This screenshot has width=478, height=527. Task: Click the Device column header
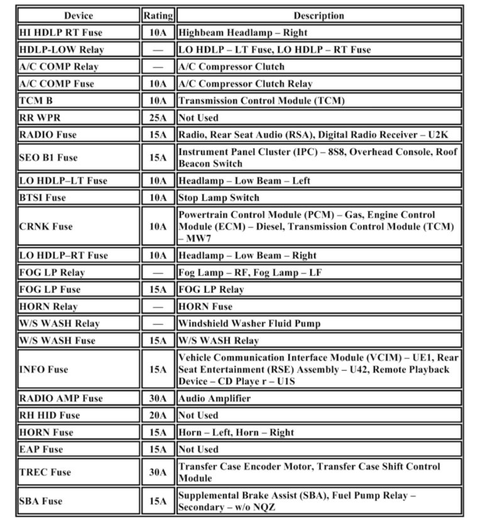point(79,16)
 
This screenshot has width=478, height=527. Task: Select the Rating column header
point(158,16)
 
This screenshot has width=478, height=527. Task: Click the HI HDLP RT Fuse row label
point(61,33)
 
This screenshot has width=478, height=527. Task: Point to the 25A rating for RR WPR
point(158,117)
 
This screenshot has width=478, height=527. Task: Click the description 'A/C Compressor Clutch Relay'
point(246,84)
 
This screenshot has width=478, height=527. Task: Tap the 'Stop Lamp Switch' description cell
point(219,198)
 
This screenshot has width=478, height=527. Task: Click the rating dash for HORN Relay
point(158,307)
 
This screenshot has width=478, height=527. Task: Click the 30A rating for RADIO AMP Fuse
point(158,398)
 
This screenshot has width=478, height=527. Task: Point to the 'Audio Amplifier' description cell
point(214,398)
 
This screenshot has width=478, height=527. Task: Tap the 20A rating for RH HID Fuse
point(158,415)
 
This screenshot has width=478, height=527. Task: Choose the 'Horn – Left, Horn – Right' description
point(236,432)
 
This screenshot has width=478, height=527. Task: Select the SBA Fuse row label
point(41,501)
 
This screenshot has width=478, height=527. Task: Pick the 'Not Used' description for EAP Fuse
point(198,449)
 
